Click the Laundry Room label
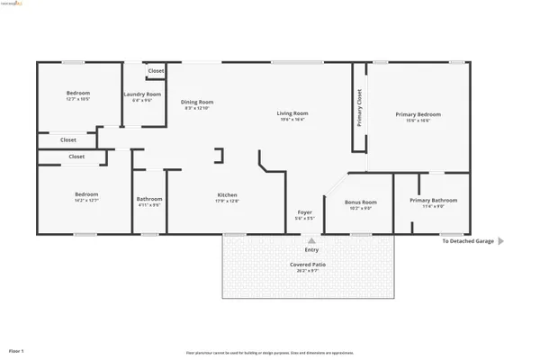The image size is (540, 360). (142, 94)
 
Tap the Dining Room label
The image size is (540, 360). (196, 102)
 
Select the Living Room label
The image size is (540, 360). (294, 112)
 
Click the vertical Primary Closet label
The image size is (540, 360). (359, 108)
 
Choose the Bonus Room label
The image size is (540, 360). (361, 202)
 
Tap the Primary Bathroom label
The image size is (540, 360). (433, 200)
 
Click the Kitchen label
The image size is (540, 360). (227, 195)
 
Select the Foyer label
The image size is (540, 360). (304, 213)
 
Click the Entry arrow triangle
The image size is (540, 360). (311, 241)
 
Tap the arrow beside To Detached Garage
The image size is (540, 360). (500, 241)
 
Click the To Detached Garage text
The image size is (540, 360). (467, 241)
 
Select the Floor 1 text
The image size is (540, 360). (16, 350)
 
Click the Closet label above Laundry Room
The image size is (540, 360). (156, 70)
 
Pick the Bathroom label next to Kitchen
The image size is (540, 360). (149, 199)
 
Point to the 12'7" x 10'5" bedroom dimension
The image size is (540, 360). (78, 99)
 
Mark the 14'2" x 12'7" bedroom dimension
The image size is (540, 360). (86, 201)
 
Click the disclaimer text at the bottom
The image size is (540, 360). (269, 353)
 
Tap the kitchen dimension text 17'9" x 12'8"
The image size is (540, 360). (227, 202)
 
